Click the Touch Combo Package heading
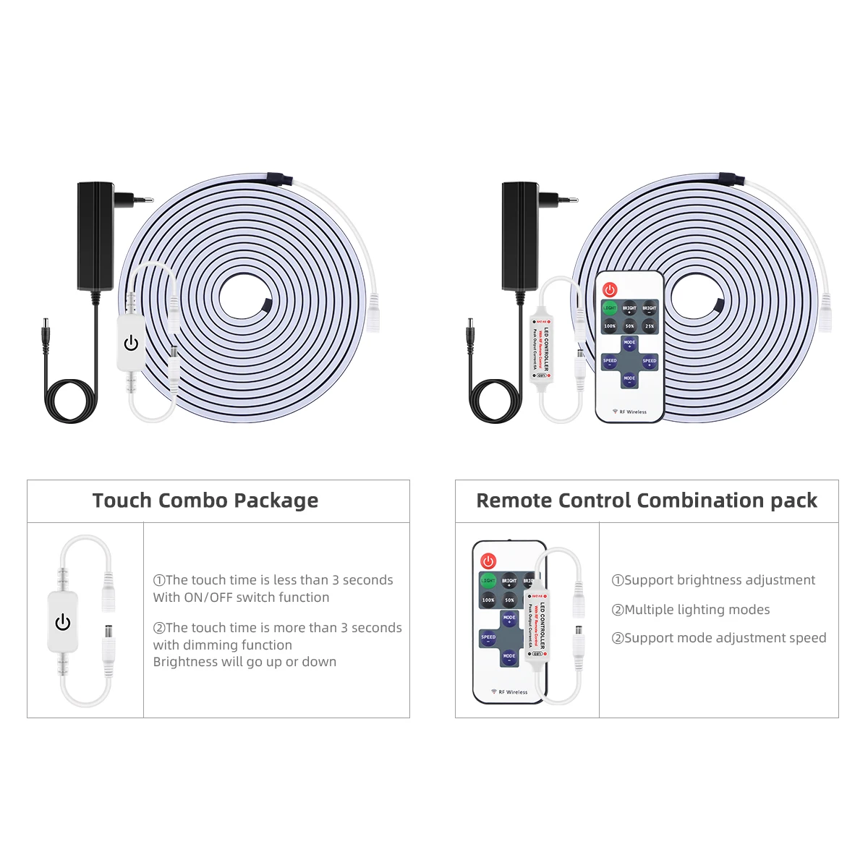coord(205,501)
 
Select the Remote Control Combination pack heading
coord(647,501)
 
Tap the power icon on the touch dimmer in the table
coord(63,622)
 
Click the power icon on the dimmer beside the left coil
coord(131,343)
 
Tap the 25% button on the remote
coord(650,326)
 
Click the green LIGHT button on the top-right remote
coord(610,308)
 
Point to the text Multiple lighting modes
coord(691,610)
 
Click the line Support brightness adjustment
coord(713,580)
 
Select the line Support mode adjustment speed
coord(719,638)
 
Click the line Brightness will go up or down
coord(244,662)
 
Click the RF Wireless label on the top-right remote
coord(629,412)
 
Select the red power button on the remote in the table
coord(488,561)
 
